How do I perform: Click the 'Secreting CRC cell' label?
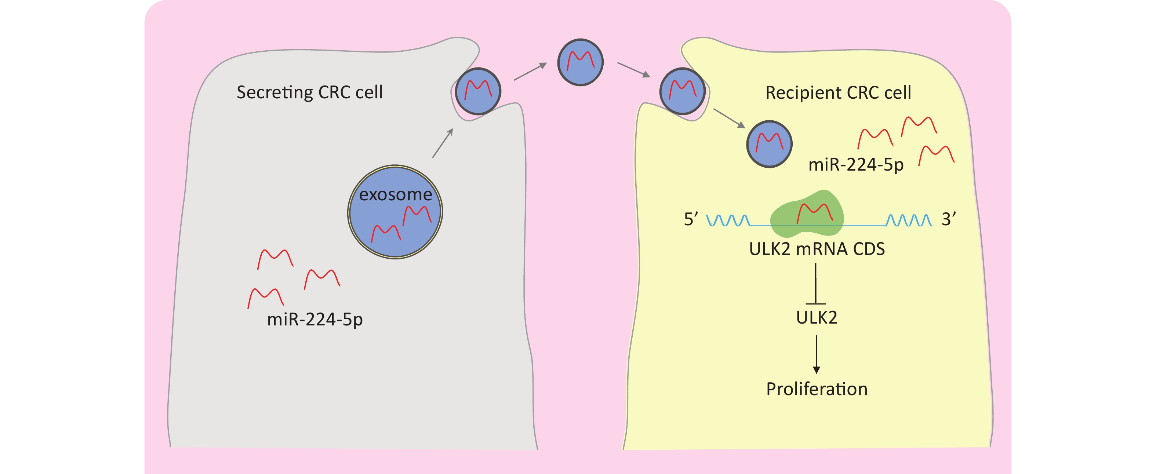pyautogui.click(x=310, y=92)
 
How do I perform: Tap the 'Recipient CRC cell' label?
pyautogui.click(x=838, y=93)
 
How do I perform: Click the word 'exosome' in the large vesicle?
pyautogui.click(x=395, y=194)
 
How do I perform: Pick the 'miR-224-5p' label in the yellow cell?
pyautogui.click(x=856, y=165)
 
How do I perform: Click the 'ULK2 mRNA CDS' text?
pyautogui.click(x=817, y=249)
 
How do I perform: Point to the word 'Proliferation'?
pyautogui.click(x=817, y=389)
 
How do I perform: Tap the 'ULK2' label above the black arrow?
pyautogui.click(x=816, y=317)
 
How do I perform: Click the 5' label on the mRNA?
pyautogui.click(x=691, y=219)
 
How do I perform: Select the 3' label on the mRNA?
pyautogui.click(x=948, y=219)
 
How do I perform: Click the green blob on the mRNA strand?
pyautogui.click(x=807, y=214)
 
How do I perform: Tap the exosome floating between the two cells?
pyautogui.click(x=580, y=62)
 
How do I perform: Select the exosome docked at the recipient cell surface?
pyautogui.click(x=682, y=91)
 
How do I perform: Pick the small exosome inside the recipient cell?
pyautogui.click(x=769, y=144)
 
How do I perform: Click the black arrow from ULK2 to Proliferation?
pyautogui.click(x=816, y=354)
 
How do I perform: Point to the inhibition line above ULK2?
pyautogui.click(x=815, y=284)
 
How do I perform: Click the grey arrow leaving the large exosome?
pyautogui.click(x=443, y=143)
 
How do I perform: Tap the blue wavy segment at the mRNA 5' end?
pyautogui.click(x=728, y=220)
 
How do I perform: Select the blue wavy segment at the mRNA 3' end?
pyautogui.click(x=909, y=220)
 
